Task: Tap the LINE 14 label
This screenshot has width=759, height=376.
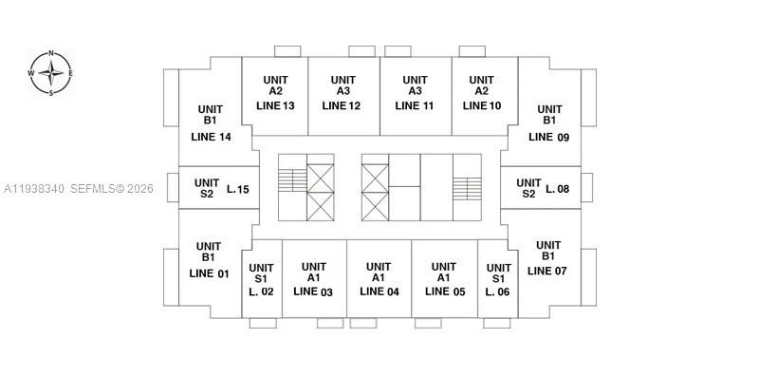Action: tap(211, 137)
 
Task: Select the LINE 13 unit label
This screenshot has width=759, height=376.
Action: tap(274, 105)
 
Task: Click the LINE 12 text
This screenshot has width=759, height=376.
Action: tap(342, 105)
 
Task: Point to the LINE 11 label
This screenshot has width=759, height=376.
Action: tap(415, 105)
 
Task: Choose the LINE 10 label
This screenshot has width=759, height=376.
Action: tap(482, 105)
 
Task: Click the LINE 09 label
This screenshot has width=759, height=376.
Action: tap(548, 137)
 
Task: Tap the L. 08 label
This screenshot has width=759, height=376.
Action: tap(558, 189)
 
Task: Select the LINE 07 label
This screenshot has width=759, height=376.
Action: tap(546, 271)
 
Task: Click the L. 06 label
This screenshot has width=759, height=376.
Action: tap(497, 291)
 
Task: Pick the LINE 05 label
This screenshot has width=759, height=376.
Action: tap(445, 291)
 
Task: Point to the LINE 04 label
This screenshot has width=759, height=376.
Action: tap(379, 291)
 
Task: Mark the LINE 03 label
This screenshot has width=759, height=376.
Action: tap(313, 291)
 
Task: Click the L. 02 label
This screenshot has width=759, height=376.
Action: tap(261, 291)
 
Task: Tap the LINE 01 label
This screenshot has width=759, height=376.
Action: tap(210, 273)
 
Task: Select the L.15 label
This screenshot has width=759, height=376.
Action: tap(238, 189)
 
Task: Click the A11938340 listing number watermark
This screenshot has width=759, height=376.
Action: tap(34, 189)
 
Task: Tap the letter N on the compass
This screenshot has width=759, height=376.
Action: tap(51, 54)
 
